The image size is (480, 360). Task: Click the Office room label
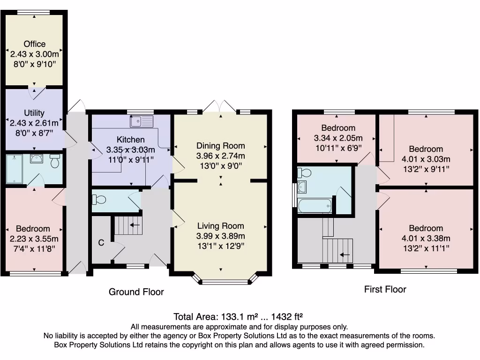[35, 44]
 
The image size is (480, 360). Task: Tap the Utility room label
[34, 113]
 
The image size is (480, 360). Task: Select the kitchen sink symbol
[142, 122]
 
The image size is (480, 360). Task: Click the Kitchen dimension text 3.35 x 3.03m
[131, 150]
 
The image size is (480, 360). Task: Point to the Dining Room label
[220, 146]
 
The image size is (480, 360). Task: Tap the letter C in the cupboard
[100, 243]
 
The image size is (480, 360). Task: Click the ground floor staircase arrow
[135, 225]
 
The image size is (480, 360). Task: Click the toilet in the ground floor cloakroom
[99, 200]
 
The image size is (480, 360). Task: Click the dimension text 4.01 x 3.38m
[426, 239]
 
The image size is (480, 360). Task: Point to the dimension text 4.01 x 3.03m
[426, 159]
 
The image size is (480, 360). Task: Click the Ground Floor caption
[136, 292]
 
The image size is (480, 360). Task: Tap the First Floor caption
[385, 289]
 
